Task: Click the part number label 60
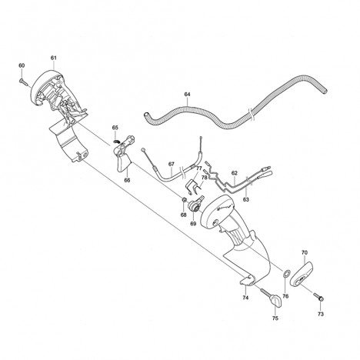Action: pyautogui.click(x=22, y=65)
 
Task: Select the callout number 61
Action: pyautogui.click(x=53, y=58)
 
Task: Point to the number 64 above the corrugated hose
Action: pyautogui.click(x=188, y=94)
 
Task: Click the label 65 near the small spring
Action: pyautogui.click(x=115, y=128)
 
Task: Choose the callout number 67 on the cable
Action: pyautogui.click(x=172, y=164)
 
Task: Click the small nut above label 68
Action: pyautogui.click(x=184, y=199)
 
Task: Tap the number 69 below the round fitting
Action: pyautogui.click(x=193, y=224)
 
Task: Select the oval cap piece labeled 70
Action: pyautogui.click(x=302, y=274)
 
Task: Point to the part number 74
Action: pyautogui.click(x=245, y=298)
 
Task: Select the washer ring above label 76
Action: pyautogui.click(x=286, y=274)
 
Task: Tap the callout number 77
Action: pyautogui.click(x=199, y=168)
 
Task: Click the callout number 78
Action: pyautogui.click(x=204, y=178)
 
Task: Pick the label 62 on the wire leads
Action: pyautogui.click(x=235, y=173)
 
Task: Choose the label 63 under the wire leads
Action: pyautogui.click(x=246, y=199)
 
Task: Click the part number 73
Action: pyautogui.click(x=321, y=314)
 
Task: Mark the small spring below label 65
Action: pyautogui.click(x=117, y=141)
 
